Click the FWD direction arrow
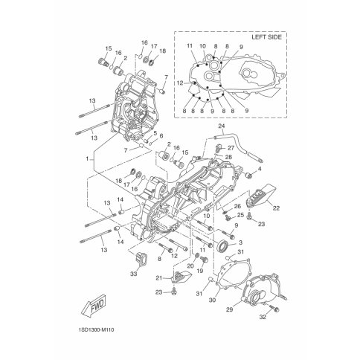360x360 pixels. [x=94, y=306]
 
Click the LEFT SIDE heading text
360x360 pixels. [x=266, y=37]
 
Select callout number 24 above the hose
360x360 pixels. [x=222, y=126]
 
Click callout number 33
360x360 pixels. [x=134, y=274]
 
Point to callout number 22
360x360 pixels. [x=276, y=208]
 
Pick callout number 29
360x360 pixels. [x=230, y=309]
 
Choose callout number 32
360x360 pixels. [x=263, y=317]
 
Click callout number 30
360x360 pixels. [x=212, y=300]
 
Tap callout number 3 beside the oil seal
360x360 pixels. [x=240, y=242]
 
